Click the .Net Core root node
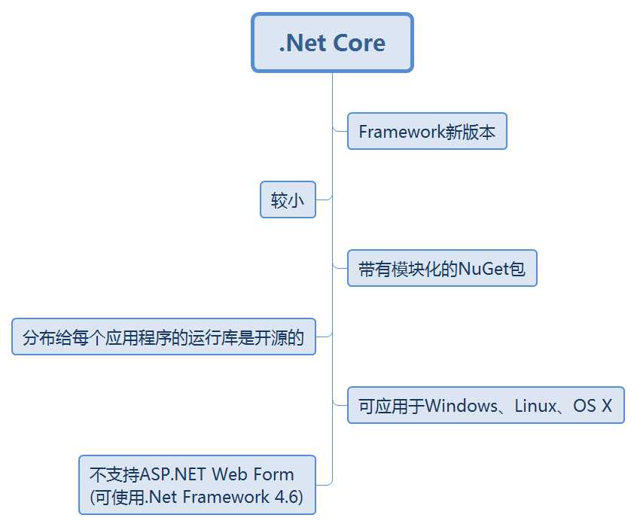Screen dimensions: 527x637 [332, 42]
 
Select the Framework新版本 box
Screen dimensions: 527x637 [427, 132]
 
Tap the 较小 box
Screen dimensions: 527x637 [288, 200]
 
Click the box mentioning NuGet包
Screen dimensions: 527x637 [442, 269]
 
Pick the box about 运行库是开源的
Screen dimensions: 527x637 [163, 337]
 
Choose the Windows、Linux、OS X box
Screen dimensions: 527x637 [486, 406]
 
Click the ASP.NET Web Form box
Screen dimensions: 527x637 [197, 485]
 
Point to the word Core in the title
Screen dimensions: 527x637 [359, 43]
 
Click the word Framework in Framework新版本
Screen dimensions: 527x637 [403, 132]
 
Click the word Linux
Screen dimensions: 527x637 [536, 406]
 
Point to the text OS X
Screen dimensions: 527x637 [593, 406]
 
